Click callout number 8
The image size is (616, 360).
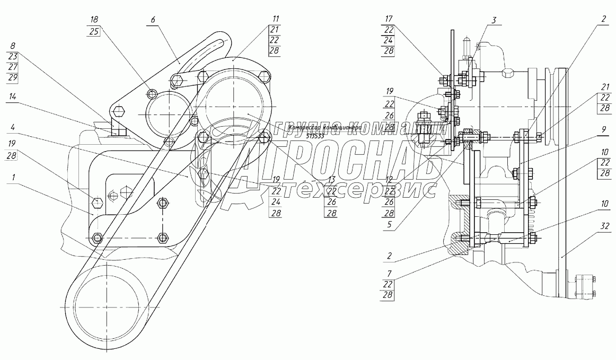[x=13, y=45]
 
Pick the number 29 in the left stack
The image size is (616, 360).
[x=13, y=77]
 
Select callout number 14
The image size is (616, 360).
[x=13, y=96]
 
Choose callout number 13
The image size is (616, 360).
[x=332, y=179]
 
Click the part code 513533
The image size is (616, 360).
[x=316, y=136]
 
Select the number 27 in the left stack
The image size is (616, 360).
[x=13, y=67]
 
